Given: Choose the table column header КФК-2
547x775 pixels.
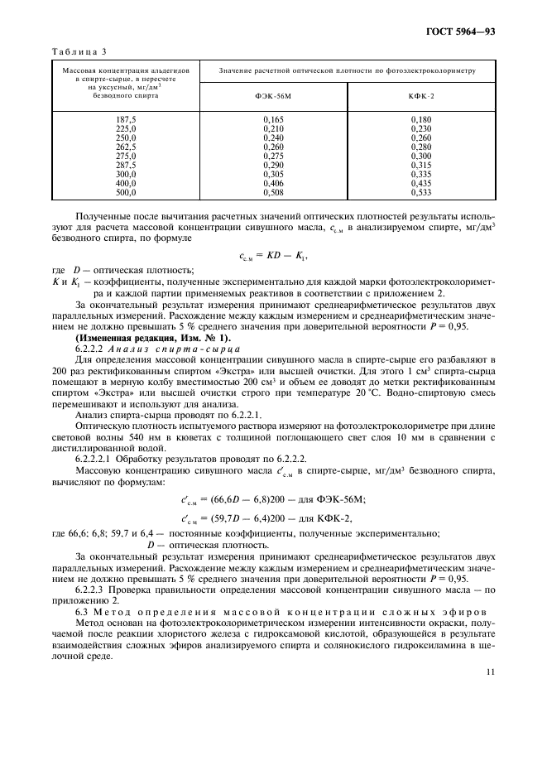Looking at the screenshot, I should (x=421, y=95).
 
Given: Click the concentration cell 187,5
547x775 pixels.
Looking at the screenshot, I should (x=126, y=120).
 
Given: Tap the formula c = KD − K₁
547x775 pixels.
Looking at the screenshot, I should (x=273, y=257).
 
